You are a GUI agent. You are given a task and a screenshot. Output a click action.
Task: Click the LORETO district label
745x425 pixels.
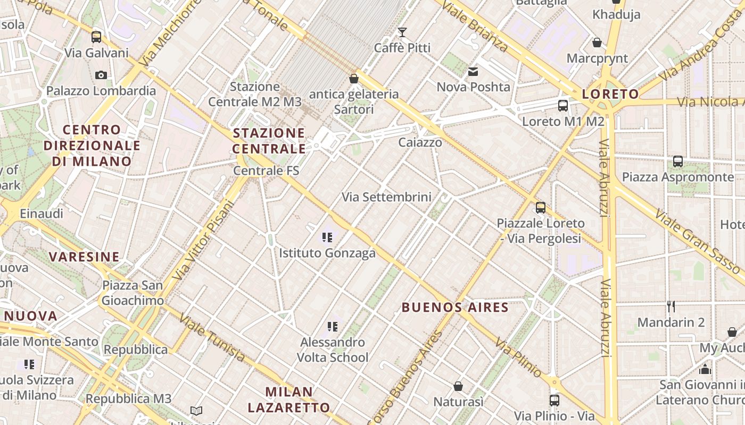pyautogui.click(x=610, y=95)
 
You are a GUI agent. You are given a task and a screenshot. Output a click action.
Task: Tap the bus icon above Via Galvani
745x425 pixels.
pyautogui.click(x=96, y=37)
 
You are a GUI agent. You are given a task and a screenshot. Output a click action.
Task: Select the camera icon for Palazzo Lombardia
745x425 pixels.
pyautogui.click(x=101, y=75)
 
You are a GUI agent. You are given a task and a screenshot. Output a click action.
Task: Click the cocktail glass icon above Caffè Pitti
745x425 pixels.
pyautogui.click(x=402, y=32)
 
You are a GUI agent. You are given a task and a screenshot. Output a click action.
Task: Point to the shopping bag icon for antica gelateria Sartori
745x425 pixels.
pyautogui.click(x=354, y=79)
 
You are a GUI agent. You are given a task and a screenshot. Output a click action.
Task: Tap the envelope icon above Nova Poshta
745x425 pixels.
pyautogui.click(x=473, y=72)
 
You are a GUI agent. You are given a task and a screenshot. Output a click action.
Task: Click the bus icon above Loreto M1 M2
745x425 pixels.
pyautogui.click(x=563, y=105)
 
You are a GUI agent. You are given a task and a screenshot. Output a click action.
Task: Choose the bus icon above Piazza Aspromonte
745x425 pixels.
pyautogui.click(x=678, y=161)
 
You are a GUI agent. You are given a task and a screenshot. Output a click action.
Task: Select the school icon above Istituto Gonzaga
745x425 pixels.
pyautogui.click(x=327, y=237)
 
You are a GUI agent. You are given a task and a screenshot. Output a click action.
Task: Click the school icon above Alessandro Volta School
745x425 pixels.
pyautogui.click(x=333, y=326)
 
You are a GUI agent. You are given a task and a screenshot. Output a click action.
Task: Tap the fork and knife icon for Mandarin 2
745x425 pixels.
pyautogui.click(x=671, y=306)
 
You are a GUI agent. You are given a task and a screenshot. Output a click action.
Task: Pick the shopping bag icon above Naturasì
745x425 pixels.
pyautogui.click(x=458, y=386)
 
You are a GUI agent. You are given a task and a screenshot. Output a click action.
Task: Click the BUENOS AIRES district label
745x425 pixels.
pyautogui.click(x=455, y=307)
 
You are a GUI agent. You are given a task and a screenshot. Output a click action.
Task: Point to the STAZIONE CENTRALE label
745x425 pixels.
pyautogui.click(x=269, y=141)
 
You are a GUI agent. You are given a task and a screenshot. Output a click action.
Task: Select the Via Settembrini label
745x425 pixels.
pyautogui.click(x=386, y=197)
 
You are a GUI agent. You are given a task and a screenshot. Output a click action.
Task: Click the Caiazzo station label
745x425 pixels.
pyautogui.click(x=420, y=142)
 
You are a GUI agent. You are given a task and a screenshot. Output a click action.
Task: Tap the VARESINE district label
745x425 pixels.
pyautogui.click(x=84, y=257)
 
